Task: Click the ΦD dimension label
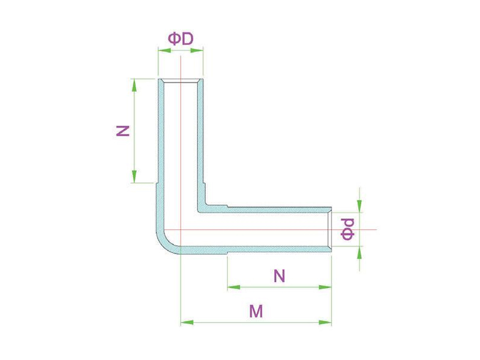click(x=181, y=39)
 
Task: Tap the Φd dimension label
click(x=348, y=229)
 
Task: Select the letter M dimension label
click(x=256, y=311)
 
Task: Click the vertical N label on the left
click(x=124, y=131)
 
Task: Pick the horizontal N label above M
click(x=279, y=276)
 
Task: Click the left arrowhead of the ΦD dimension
click(x=164, y=50)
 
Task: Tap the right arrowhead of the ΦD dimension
click(x=197, y=50)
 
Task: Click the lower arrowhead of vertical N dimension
click(x=134, y=176)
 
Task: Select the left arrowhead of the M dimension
click(x=187, y=322)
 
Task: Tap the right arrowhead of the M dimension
click(x=325, y=322)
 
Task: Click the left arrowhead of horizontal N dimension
click(x=234, y=287)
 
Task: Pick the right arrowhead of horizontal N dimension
click(x=325, y=287)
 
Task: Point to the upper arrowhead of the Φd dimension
click(x=359, y=206)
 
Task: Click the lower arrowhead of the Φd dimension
click(x=359, y=252)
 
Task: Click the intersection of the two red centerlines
click(x=181, y=229)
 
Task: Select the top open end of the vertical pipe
click(x=181, y=80)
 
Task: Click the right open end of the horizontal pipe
click(x=329, y=229)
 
